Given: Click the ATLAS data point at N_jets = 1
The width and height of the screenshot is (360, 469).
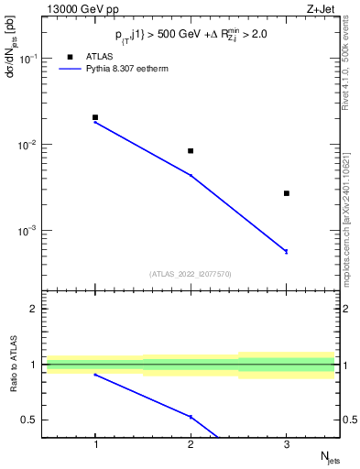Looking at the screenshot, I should [x=95, y=117].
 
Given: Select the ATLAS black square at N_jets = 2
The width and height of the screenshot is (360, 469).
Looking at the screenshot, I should [x=191, y=151].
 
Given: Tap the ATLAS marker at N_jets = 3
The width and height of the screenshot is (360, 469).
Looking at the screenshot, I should [x=287, y=193].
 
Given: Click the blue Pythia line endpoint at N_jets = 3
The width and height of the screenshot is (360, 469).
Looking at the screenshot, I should [x=287, y=251].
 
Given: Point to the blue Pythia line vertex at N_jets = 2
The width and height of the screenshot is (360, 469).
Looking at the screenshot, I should [x=191, y=175].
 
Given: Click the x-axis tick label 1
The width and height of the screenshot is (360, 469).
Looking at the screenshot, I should [x=95, y=445].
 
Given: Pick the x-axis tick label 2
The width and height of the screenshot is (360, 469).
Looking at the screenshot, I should [x=191, y=445].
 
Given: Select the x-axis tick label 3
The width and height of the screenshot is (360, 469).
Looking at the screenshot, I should [x=287, y=445].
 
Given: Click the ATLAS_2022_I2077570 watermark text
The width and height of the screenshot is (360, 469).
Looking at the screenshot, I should [x=190, y=273].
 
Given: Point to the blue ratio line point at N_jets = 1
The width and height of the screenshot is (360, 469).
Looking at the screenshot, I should [x=95, y=375].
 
